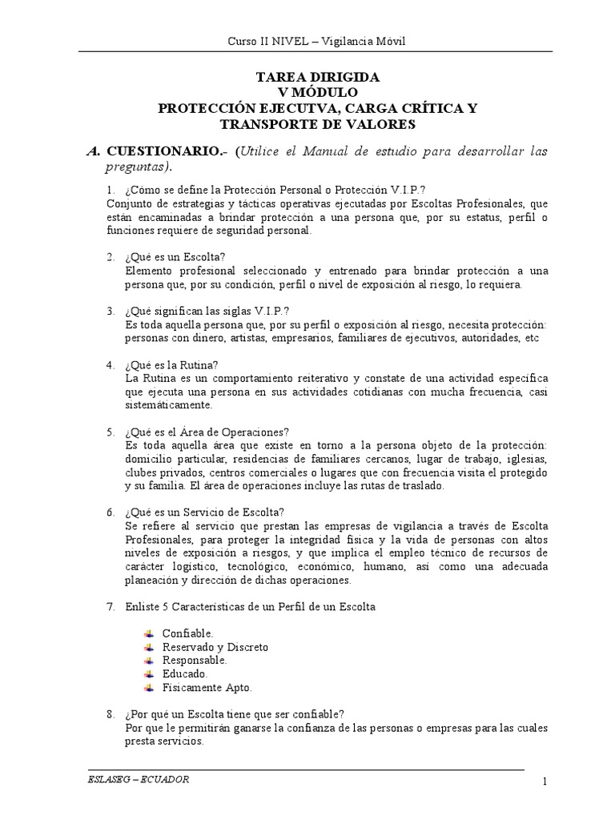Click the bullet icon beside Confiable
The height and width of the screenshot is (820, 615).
149,633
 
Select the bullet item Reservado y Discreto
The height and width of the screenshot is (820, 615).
215,647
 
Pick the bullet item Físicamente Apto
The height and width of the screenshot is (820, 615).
207,688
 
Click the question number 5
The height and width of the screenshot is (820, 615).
111,432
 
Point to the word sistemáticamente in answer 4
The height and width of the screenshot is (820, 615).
168,404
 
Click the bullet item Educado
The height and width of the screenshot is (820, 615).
185,674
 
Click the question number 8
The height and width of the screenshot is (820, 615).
111,714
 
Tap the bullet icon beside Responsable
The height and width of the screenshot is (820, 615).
149,661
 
